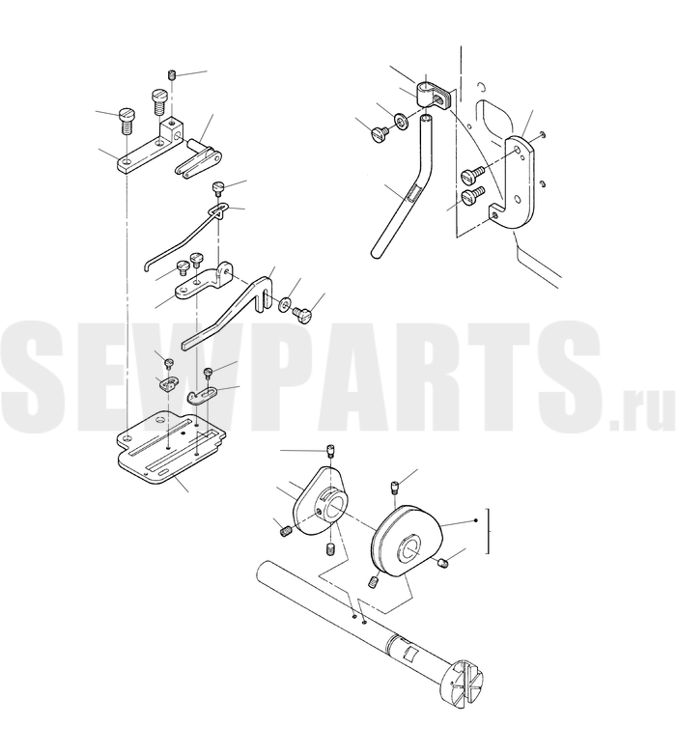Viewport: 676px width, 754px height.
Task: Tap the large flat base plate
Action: click(171, 448)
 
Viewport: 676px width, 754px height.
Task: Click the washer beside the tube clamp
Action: click(401, 121)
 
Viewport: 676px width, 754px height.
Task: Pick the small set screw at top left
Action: click(172, 75)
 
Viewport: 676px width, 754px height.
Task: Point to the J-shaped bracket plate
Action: click(518, 182)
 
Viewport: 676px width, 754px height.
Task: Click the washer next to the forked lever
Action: click(284, 303)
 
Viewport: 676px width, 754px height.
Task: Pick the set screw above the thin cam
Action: click(330, 452)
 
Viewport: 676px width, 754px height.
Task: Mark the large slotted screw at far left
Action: click(127, 121)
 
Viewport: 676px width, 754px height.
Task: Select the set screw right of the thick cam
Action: click(443, 562)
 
